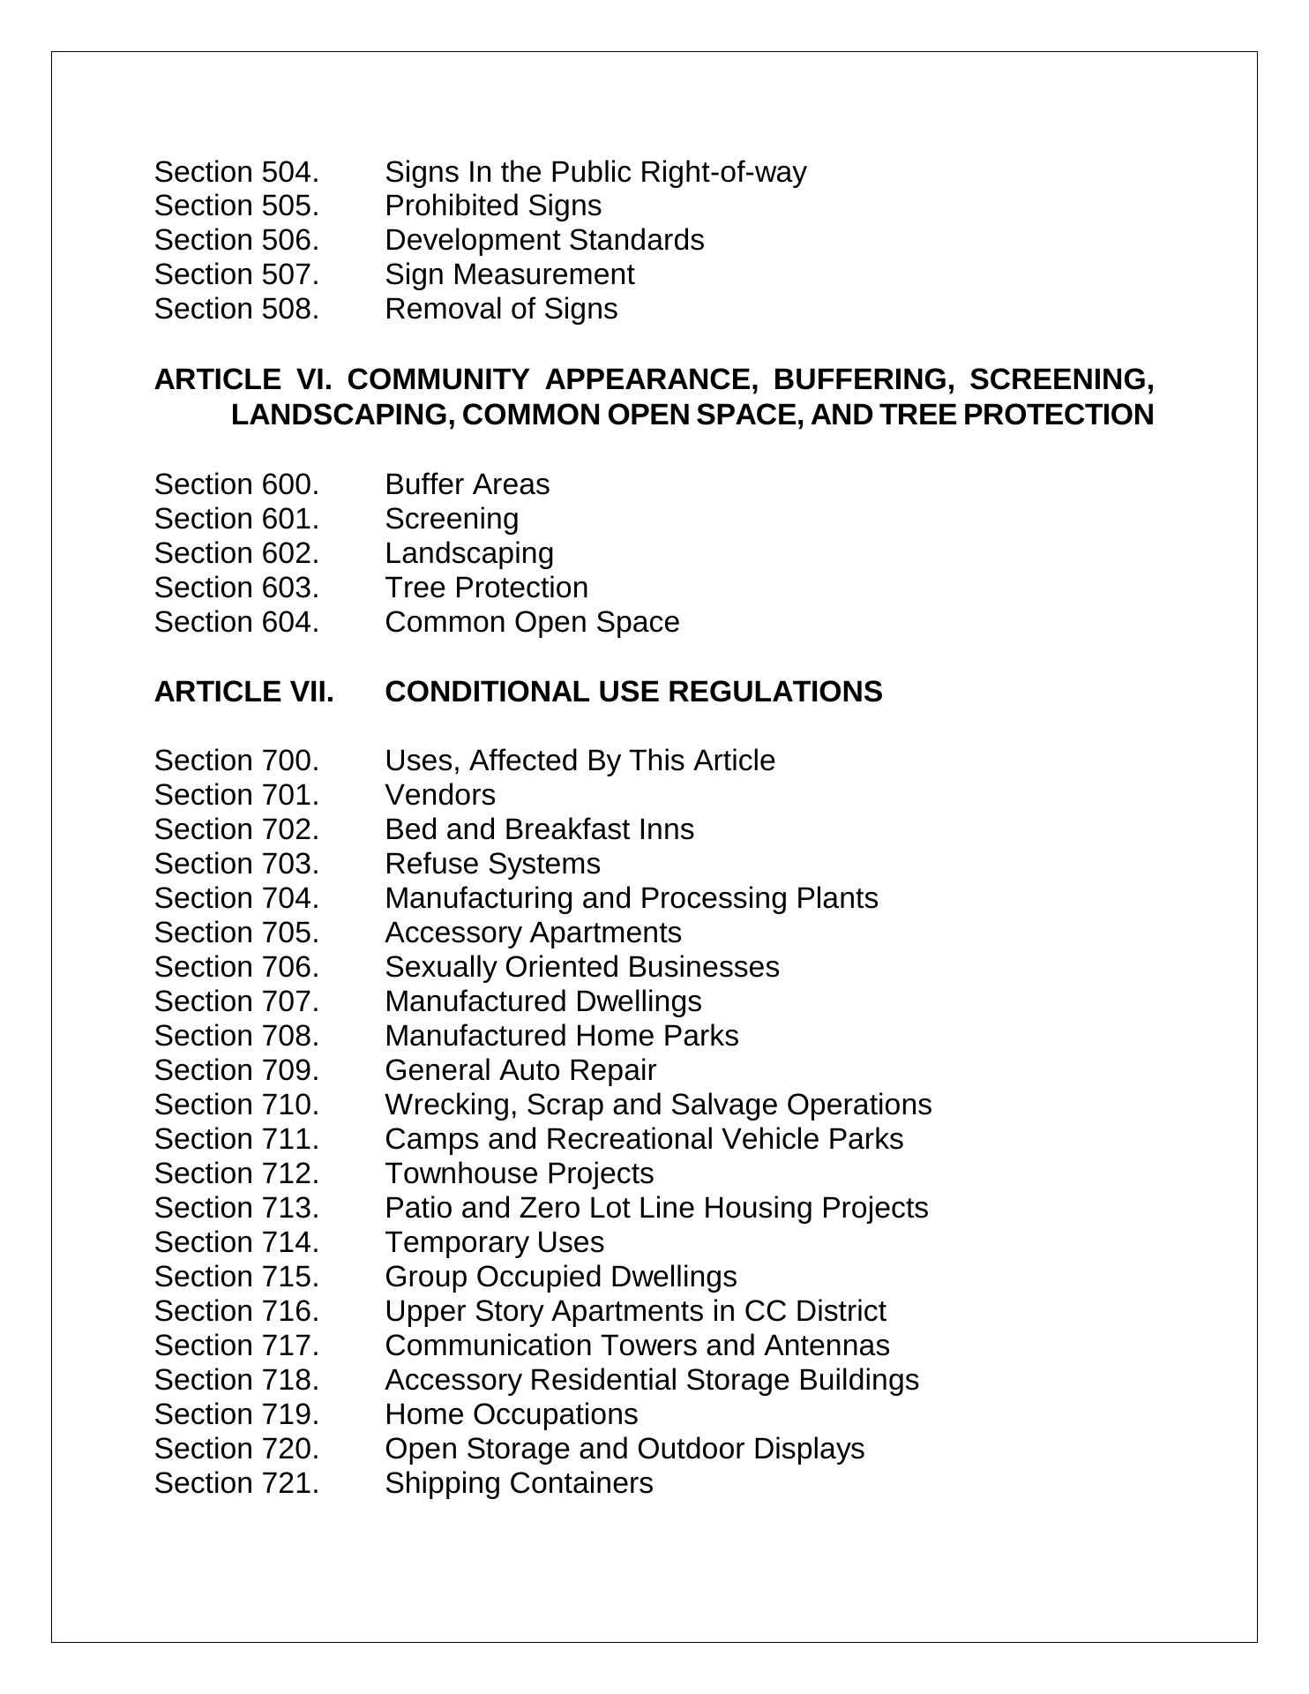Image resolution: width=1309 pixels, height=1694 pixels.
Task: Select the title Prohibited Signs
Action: (493, 206)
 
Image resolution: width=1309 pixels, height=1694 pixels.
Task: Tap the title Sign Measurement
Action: (509, 274)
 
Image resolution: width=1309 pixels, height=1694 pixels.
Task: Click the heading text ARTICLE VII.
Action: (244, 692)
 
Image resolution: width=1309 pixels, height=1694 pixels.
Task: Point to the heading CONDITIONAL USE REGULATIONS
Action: (633, 692)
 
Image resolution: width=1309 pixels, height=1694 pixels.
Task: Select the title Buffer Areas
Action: (467, 484)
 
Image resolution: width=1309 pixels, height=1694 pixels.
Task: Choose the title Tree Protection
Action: (486, 588)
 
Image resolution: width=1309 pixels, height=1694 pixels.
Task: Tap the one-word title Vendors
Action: (440, 795)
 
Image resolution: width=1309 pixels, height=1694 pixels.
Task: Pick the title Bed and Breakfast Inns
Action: (539, 829)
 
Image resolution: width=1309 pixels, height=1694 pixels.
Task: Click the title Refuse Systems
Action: (492, 864)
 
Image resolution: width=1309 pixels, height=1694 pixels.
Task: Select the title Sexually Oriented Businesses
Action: (582, 967)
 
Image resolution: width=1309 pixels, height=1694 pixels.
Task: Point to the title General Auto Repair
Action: (520, 1070)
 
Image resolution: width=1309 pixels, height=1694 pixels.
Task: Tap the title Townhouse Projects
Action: (520, 1173)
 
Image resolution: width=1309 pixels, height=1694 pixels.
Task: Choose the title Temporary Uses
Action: (494, 1242)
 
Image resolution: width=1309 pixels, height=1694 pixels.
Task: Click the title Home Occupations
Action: (511, 1414)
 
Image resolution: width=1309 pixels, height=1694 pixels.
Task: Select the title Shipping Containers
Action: (519, 1483)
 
